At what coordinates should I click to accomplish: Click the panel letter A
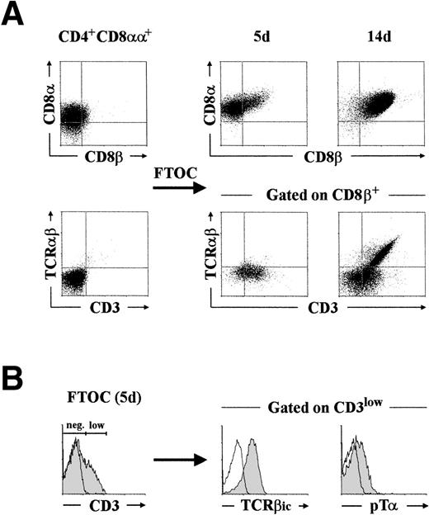pos(16,16)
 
